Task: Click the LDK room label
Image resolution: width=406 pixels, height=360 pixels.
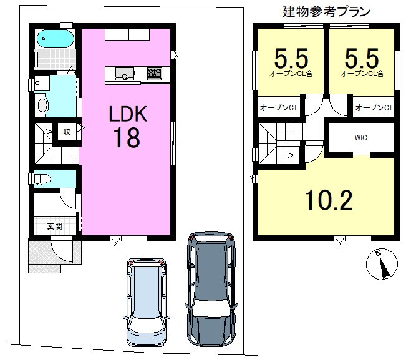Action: (127, 114)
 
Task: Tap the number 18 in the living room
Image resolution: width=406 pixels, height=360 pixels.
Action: (127, 139)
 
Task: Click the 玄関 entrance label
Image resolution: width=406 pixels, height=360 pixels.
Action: (54, 225)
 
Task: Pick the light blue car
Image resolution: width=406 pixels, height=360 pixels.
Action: (147, 301)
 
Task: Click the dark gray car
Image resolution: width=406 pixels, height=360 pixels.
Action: (211, 288)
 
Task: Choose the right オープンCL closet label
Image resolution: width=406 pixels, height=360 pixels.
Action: (374, 108)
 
